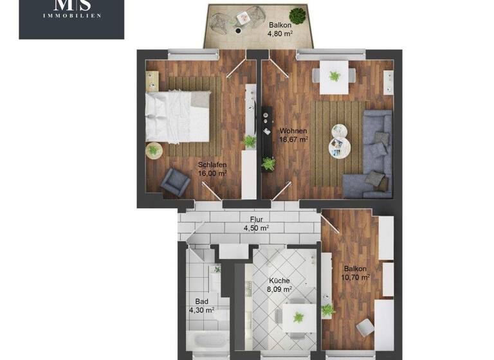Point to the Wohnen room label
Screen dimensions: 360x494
pyautogui.click(x=293, y=134)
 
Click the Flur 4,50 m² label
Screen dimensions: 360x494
pyautogui.click(x=256, y=224)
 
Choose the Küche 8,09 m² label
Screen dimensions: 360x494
pyautogui.click(x=280, y=285)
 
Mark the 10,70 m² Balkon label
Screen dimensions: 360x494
pyautogui.click(x=356, y=273)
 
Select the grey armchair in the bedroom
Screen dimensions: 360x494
pyautogui.click(x=175, y=181)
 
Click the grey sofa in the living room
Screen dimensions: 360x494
pyautogui.click(x=373, y=154)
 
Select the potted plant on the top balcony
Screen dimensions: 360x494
pyautogui.click(x=297, y=15)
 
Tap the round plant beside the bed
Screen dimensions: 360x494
pyautogui.click(x=153, y=150)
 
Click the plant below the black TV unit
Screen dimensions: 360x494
pyautogui.click(x=268, y=164)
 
